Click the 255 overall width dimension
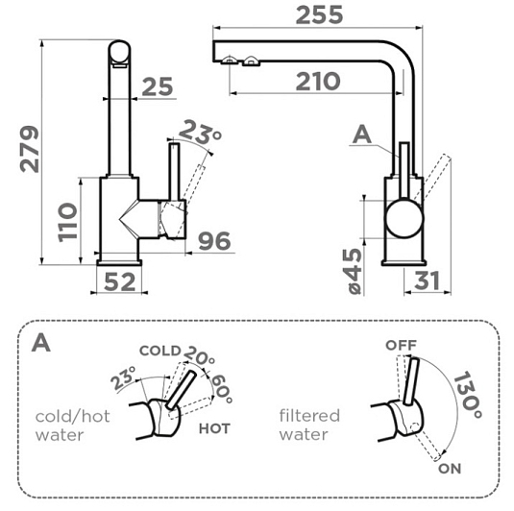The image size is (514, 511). click(x=319, y=15)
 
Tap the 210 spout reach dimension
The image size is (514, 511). click(x=318, y=82)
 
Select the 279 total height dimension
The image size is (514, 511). click(x=30, y=149)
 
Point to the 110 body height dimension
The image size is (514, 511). click(x=68, y=223)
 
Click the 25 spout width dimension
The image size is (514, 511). click(x=158, y=86)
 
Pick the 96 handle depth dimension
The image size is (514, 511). click(x=214, y=241)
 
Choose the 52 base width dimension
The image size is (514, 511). click(x=120, y=281)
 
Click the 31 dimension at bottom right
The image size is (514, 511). click(x=427, y=280)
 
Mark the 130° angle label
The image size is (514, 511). click(x=468, y=395)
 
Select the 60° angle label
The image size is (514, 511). click(x=222, y=389)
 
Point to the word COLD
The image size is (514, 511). click(x=160, y=351)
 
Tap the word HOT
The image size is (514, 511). click(x=214, y=428)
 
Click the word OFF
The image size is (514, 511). click(x=402, y=345)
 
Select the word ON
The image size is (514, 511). click(x=450, y=469)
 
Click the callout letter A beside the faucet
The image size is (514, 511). click(x=362, y=134)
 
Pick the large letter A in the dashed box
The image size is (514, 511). click(x=41, y=343)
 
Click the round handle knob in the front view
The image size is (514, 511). click(x=404, y=219)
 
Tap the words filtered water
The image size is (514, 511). click(x=309, y=425)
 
